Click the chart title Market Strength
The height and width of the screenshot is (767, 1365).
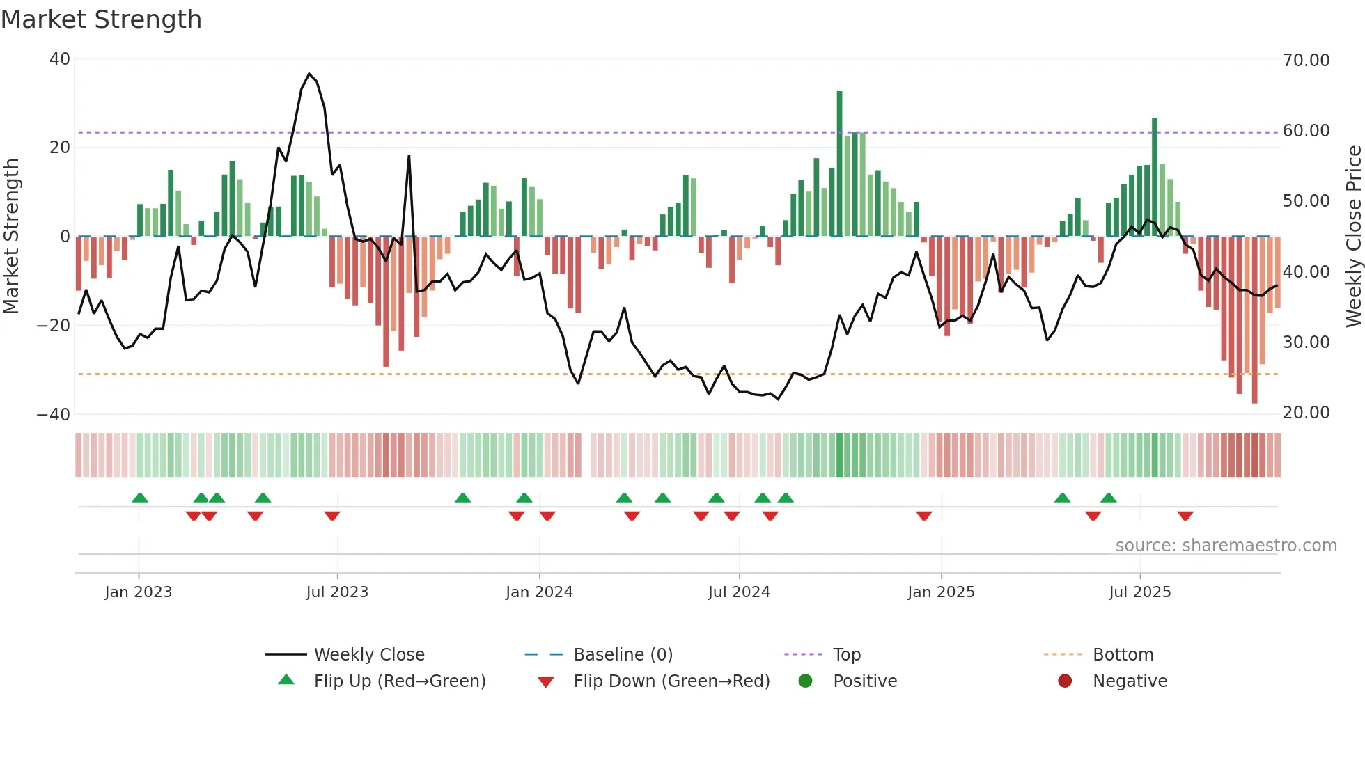101,19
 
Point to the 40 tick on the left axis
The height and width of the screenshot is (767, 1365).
60,59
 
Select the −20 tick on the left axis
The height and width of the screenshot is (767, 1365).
54,325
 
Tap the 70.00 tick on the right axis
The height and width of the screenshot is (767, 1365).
1306,61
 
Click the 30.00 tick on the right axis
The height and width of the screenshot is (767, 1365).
1306,342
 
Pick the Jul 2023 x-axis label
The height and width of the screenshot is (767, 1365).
337,592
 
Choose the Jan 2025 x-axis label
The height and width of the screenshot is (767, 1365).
941,592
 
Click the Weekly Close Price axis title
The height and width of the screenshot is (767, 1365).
1353,237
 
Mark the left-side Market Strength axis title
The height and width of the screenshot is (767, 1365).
11,237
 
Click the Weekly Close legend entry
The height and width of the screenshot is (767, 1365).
368,655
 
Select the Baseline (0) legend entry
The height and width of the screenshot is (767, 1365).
623,655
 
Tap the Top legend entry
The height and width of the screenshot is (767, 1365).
846,655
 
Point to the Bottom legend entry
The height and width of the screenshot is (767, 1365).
1123,655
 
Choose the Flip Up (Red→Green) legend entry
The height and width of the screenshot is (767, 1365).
399,681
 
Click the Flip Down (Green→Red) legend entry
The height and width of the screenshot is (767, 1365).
671,681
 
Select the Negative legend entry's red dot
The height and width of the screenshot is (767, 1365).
1065,681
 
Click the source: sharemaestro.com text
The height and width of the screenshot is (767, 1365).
1226,546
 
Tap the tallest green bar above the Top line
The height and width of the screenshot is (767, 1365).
839,111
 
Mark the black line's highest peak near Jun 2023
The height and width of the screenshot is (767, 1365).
309,74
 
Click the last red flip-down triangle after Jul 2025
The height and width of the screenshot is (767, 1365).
1185,516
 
